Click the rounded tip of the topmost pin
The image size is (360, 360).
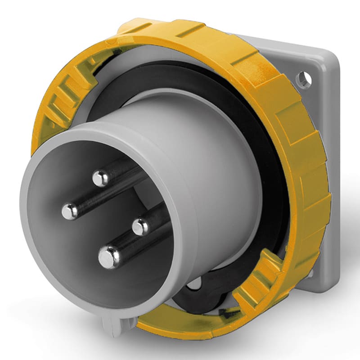point(100,179)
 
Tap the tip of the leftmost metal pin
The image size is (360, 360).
point(70,211)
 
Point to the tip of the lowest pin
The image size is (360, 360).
point(108,257)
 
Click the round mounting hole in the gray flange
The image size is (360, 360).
point(303,80)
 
